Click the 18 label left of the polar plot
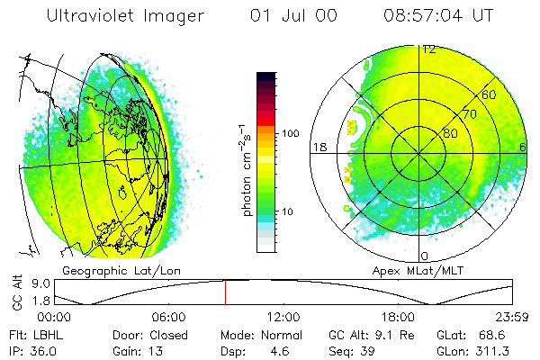(x=319, y=147)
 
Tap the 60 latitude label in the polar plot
(x=490, y=94)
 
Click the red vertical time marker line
(x=225, y=292)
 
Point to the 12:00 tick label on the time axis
(x=283, y=317)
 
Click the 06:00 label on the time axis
(x=168, y=317)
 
